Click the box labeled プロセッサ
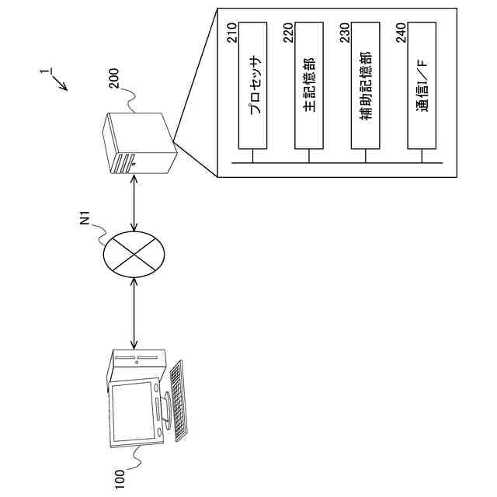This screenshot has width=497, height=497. [253, 85]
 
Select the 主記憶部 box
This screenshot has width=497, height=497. [310, 85]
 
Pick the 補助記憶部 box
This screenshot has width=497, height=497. [367, 85]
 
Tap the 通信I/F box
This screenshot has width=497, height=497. [423, 85]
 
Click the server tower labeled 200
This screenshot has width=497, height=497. [138, 144]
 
